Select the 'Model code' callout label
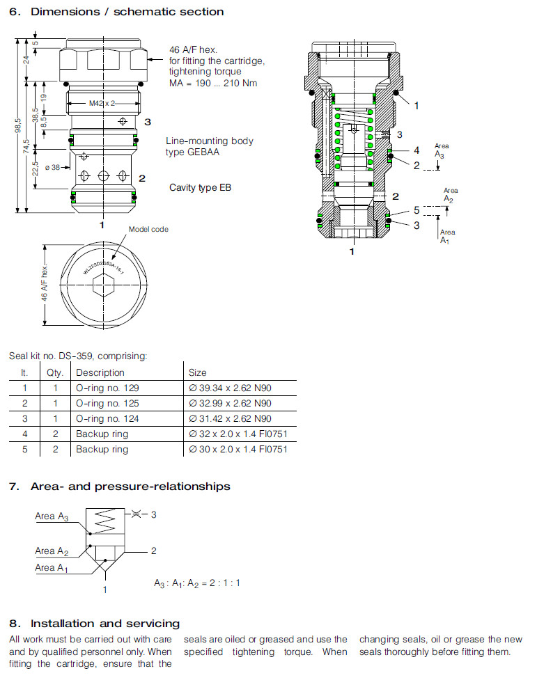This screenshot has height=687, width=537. coord(148,229)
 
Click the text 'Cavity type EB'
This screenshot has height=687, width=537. coord(201,188)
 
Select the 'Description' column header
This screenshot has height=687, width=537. coord(100,372)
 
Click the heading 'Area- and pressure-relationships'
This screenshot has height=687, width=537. coord(130,487)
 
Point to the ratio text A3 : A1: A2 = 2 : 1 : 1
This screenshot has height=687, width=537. coord(197,583)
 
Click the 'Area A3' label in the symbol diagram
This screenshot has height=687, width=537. coord(52,516)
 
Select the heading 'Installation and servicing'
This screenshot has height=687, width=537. coord(105,623)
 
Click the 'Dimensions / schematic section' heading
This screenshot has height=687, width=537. coord(127,11)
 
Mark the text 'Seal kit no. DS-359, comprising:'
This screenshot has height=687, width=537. coord(78,356)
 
